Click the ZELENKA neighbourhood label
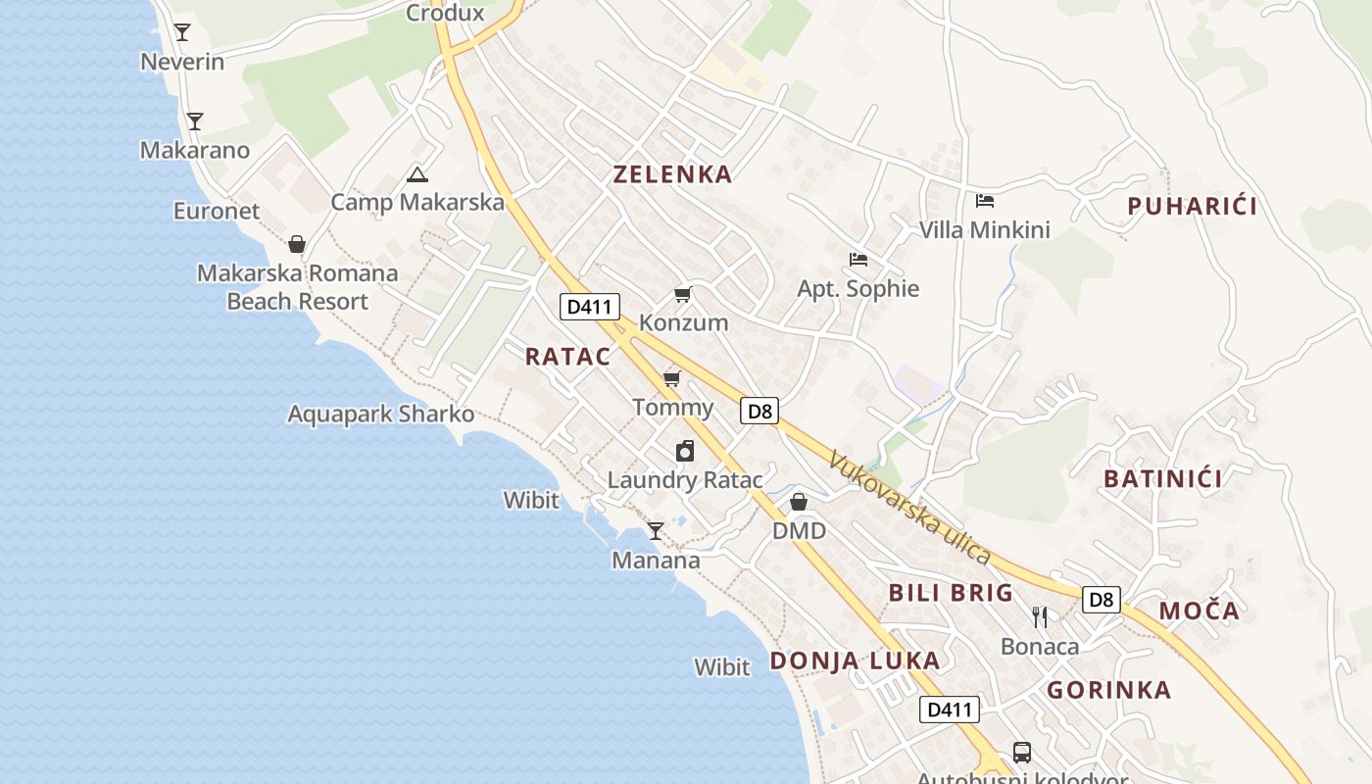pos(672,174)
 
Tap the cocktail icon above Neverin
pos(182,32)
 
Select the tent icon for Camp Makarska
pos(417,175)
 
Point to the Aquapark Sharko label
pos(380,414)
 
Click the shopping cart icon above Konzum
pos(683,295)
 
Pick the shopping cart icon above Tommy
pos(671,379)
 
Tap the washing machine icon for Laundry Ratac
pos(685,451)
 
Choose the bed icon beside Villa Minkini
pos(985,201)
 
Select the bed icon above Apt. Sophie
pos(858,260)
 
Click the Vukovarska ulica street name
pos(909,507)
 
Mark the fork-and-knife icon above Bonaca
pos(1040,617)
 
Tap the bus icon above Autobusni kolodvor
pos(1022,753)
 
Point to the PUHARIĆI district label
pos(1192,206)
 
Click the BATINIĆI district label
pos(1163,479)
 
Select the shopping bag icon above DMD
pos(799,502)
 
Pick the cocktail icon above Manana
pos(656,531)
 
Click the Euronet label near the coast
pos(217,211)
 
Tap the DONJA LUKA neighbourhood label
pos(855,661)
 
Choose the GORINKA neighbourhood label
pos(1109,690)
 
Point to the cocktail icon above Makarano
pos(195,122)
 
